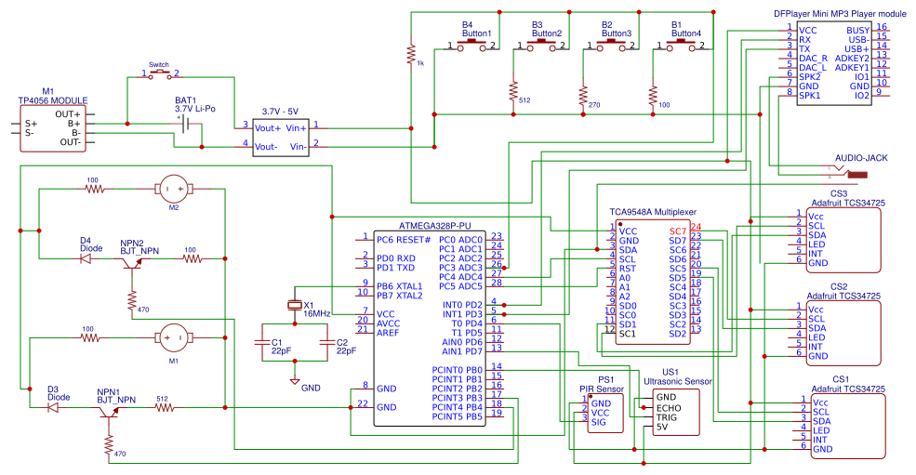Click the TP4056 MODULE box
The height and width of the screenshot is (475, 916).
[55, 127]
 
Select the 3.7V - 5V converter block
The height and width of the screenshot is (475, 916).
[281, 136]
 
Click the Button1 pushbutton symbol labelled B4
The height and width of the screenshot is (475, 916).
[472, 45]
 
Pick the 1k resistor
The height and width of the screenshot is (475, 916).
[410, 54]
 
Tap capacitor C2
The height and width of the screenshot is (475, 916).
[326, 342]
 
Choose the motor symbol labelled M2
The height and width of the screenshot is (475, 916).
[172, 190]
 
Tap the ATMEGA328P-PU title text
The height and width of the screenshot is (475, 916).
[435, 225]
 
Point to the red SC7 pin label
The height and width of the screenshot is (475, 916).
[677, 231]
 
